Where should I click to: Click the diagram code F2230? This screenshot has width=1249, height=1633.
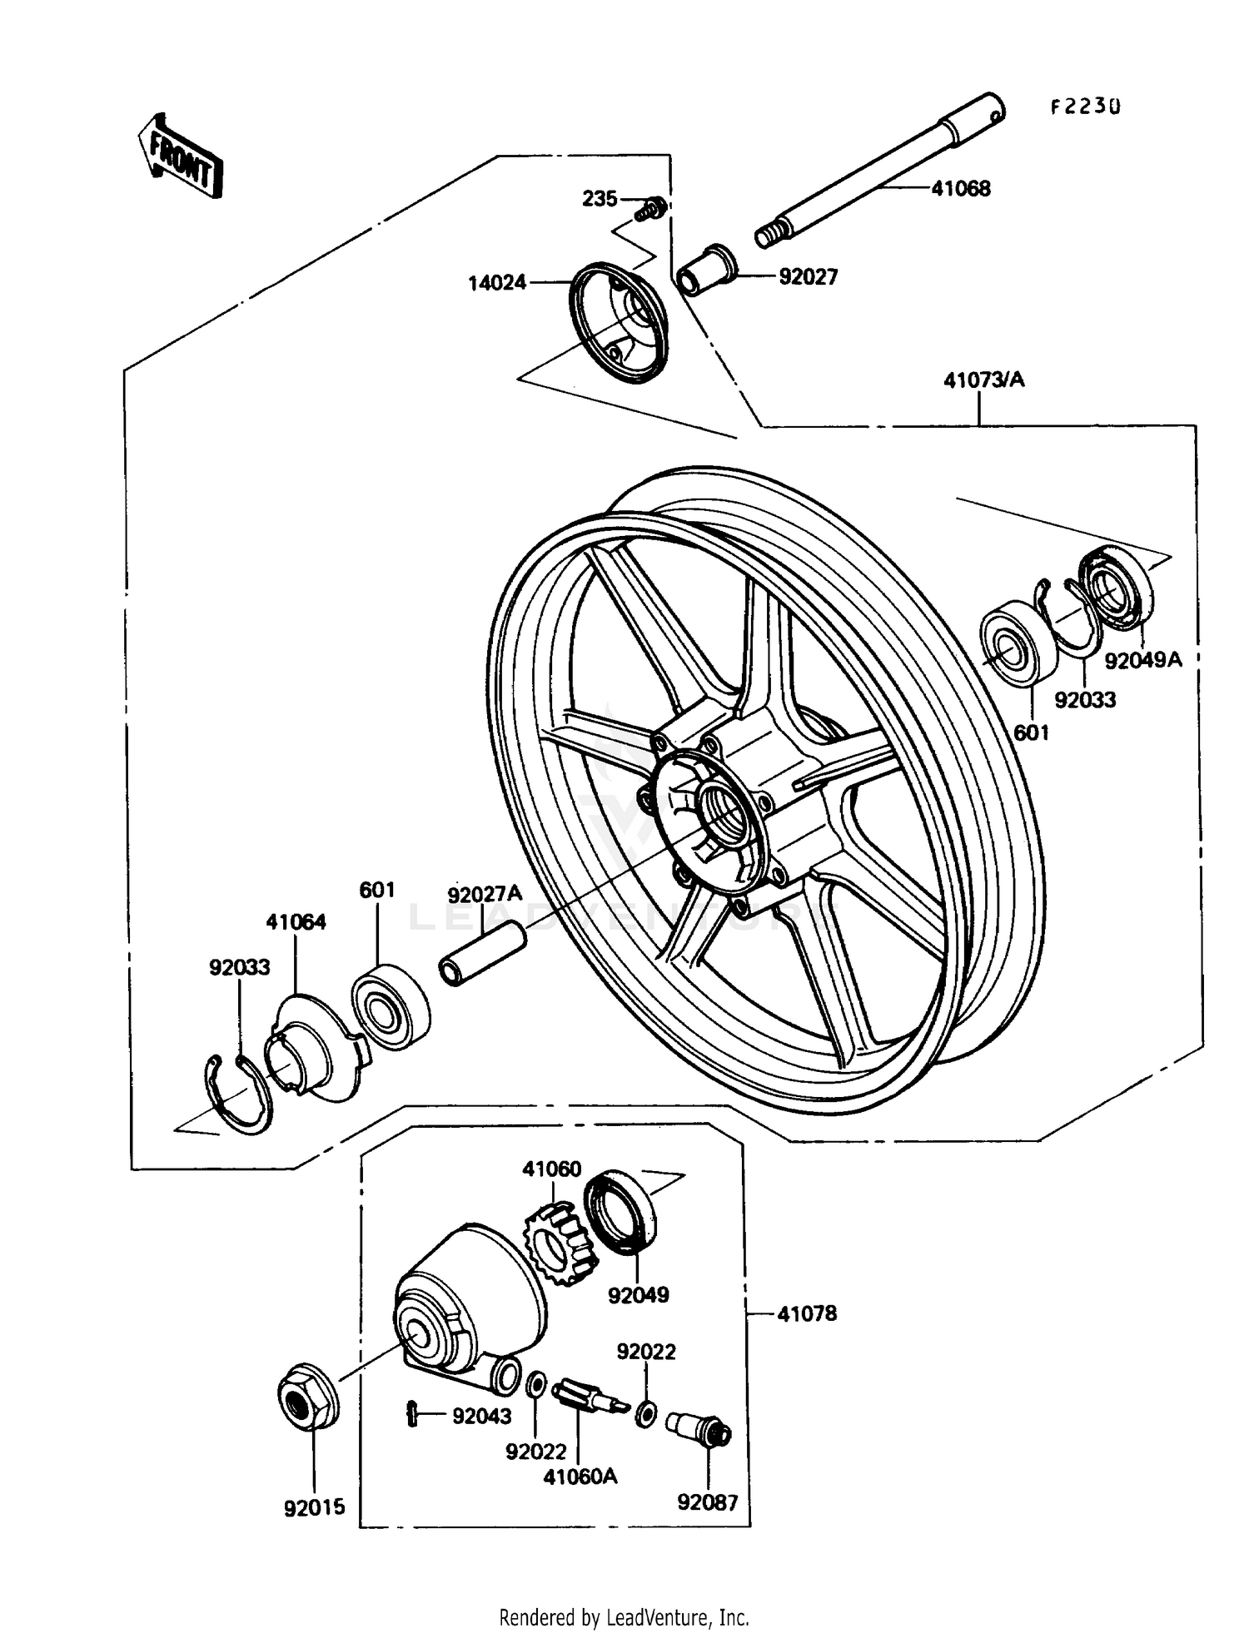[1085, 107]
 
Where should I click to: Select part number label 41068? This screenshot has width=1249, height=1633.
[960, 189]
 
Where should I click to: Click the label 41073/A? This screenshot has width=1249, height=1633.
[983, 380]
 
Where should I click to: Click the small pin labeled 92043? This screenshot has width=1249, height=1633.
[411, 1413]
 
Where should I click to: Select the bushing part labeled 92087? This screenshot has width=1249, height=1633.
[699, 1431]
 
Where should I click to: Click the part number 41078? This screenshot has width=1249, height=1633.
[806, 1314]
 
